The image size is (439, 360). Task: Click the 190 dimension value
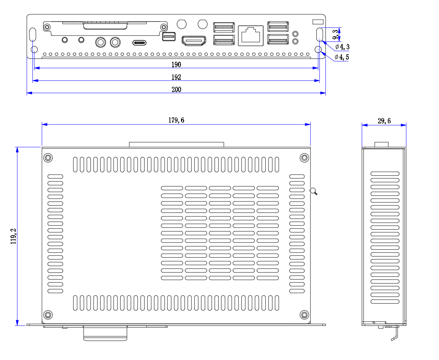click(x=176, y=64)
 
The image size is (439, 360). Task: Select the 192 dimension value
click(x=176, y=77)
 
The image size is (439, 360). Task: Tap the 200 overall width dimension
click(x=176, y=90)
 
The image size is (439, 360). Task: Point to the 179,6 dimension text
click(x=176, y=120)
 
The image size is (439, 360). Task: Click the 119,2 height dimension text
click(x=13, y=236)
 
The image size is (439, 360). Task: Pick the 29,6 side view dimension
click(x=384, y=121)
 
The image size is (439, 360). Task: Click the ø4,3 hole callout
click(x=342, y=47)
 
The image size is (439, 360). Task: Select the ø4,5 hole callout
click(x=342, y=57)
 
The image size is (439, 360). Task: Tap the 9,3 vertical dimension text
click(x=335, y=35)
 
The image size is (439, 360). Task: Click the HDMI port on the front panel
click(x=194, y=41)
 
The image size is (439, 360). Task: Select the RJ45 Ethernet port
click(x=251, y=36)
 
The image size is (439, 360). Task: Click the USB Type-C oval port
click(x=139, y=43)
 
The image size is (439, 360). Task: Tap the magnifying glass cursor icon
click(x=313, y=191)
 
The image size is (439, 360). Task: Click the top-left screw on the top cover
click(x=48, y=158)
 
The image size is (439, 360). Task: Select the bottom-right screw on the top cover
click(x=304, y=315)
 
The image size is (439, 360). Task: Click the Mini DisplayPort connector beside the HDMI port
click(x=169, y=36)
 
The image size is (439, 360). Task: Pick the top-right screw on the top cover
click(x=304, y=158)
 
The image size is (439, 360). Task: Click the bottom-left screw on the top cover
click(x=48, y=315)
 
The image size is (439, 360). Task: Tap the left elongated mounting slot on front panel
click(x=32, y=35)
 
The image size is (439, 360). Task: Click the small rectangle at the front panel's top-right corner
click(x=318, y=22)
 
